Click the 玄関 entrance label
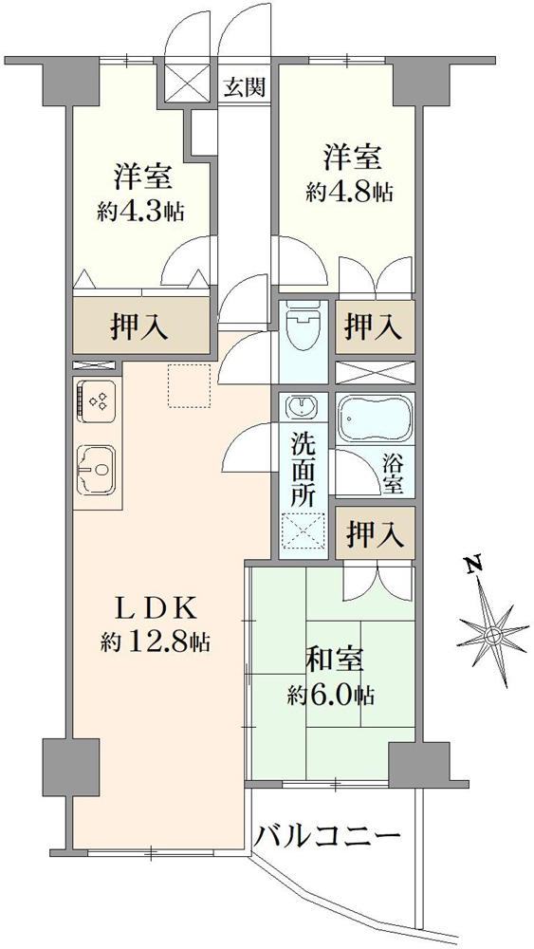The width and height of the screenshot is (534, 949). pos(244,88)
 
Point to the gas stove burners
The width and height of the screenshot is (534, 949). pos(96,401)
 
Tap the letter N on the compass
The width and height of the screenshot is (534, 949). pos(471,568)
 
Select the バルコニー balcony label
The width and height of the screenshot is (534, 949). pos(327,837)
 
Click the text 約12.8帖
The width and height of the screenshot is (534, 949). pos(156,642)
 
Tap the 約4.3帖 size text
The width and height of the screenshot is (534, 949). pos(140,212)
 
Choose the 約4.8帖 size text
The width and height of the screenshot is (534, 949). pos(349,191)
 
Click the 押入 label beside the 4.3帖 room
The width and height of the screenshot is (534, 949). pos(141,326)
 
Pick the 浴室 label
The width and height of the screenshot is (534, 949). pos(393,474)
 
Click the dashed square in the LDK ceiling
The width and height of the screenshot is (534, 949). pos(188,386)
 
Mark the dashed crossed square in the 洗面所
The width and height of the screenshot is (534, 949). pos(303,531)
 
